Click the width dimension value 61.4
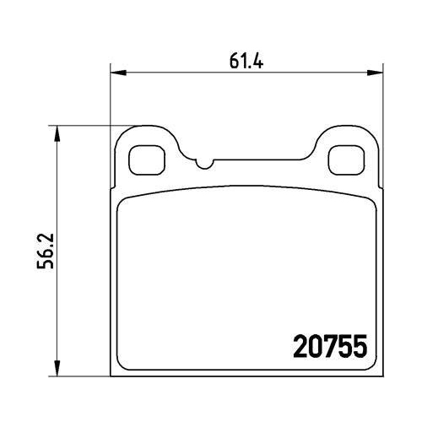(246, 61)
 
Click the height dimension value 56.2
(46, 251)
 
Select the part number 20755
(330, 346)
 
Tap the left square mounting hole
(147, 160)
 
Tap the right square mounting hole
(347, 160)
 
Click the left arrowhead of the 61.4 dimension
(117, 73)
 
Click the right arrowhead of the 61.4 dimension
(376, 73)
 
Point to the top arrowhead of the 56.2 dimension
(57, 133)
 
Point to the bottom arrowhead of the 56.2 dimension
(57, 368)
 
